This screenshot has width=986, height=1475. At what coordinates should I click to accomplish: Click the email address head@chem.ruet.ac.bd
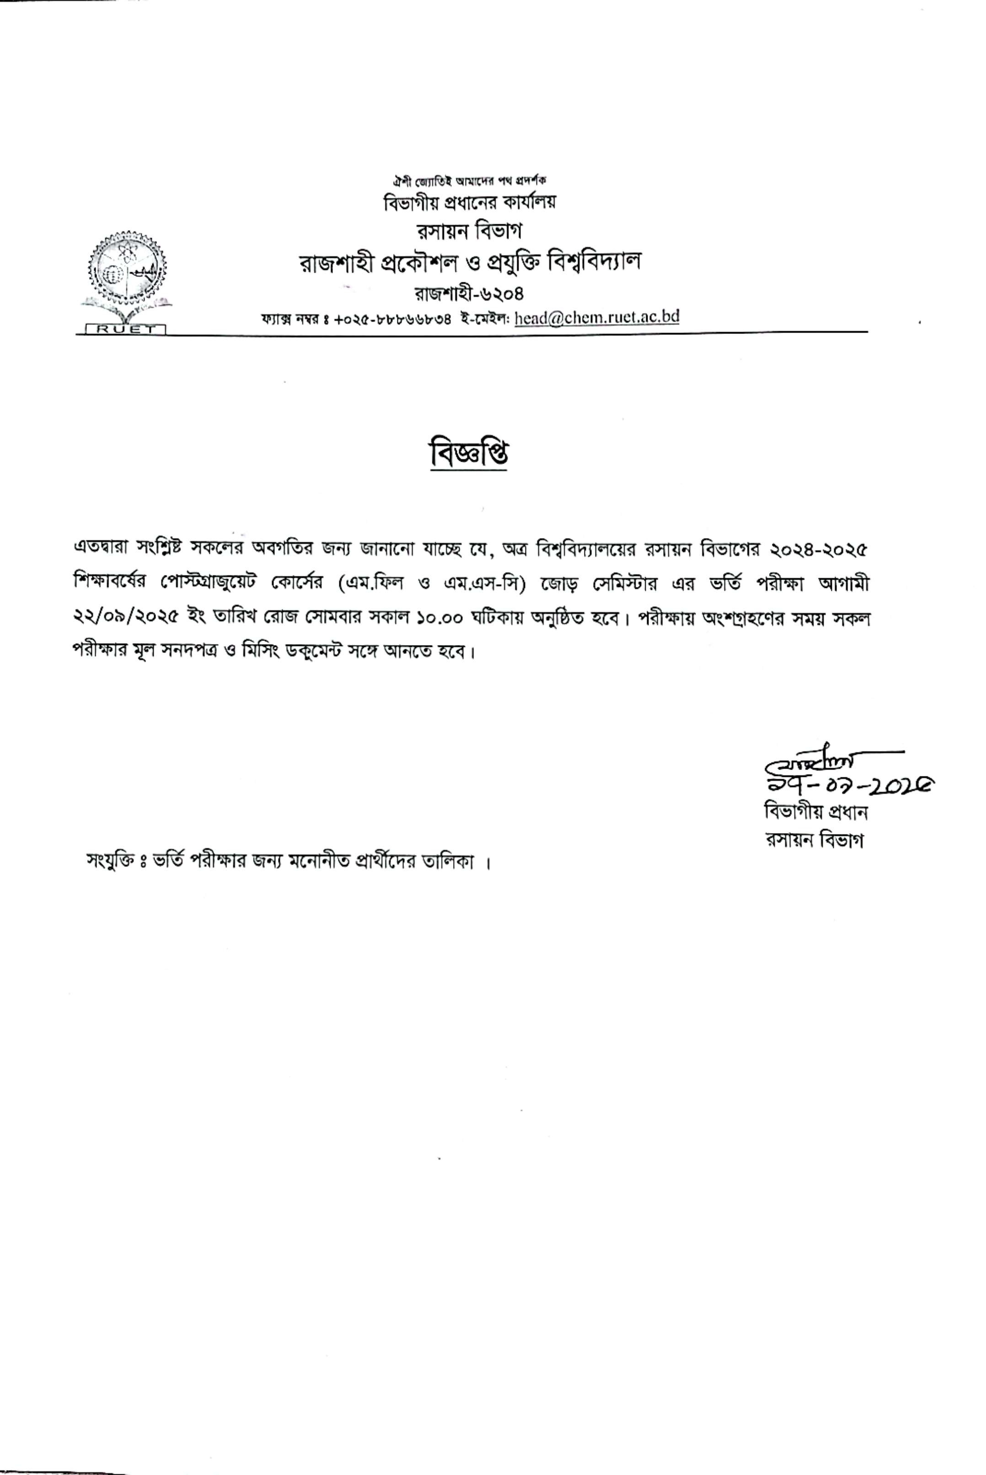tap(596, 317)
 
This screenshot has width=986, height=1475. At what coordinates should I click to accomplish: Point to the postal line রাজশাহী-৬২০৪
tap(468, 294)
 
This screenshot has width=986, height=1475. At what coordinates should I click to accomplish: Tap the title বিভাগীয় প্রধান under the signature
tap(815, 812)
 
